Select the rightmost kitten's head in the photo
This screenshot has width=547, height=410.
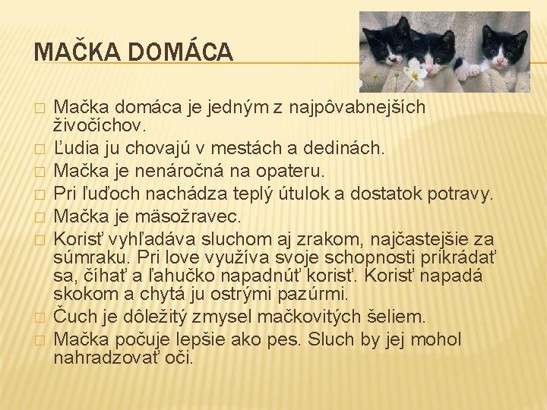tap(501, 47)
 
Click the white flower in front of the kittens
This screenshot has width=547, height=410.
tap(416, 75)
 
